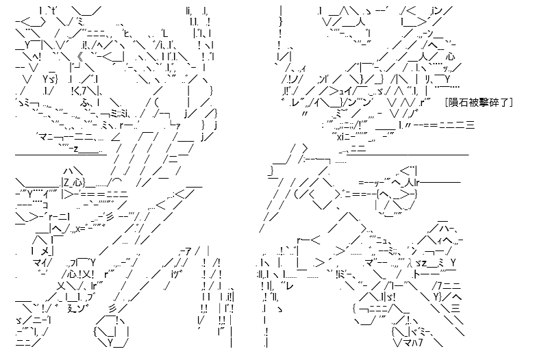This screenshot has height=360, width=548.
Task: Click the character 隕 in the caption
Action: [x=453, y=102]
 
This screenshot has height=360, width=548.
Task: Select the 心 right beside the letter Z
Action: [x=79, y=182]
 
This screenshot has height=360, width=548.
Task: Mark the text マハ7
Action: [x=412, y=342]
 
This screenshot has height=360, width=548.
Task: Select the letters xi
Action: [x=340, y=137]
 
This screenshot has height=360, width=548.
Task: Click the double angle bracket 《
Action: [x=80, y=57]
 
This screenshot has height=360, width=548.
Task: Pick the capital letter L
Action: [x=165, y=34]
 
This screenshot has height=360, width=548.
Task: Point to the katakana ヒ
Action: [x=127, y=34]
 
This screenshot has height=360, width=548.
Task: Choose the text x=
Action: [x=81, y=229]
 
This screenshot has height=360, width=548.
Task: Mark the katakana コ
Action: [x=45, y=205]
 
